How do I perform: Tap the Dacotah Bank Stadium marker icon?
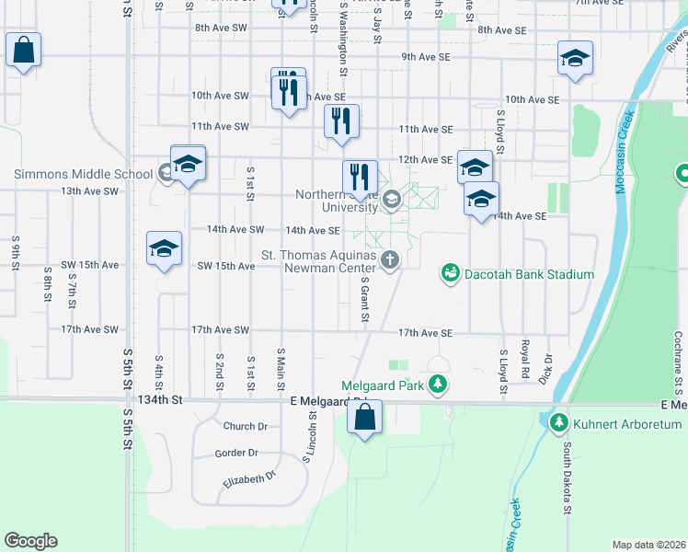[450, 273]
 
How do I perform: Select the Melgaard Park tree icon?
[441, 385]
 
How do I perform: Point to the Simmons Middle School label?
[83, 174]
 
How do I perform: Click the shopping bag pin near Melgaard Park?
[365, 417]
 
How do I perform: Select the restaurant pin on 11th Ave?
[341, 121]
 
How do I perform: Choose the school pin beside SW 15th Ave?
[165, 248]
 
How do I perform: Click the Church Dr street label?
[245, 426]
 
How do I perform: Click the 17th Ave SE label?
[425, 333]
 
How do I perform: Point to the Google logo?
[30, 541]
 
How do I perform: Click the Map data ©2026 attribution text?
[648, 545]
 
